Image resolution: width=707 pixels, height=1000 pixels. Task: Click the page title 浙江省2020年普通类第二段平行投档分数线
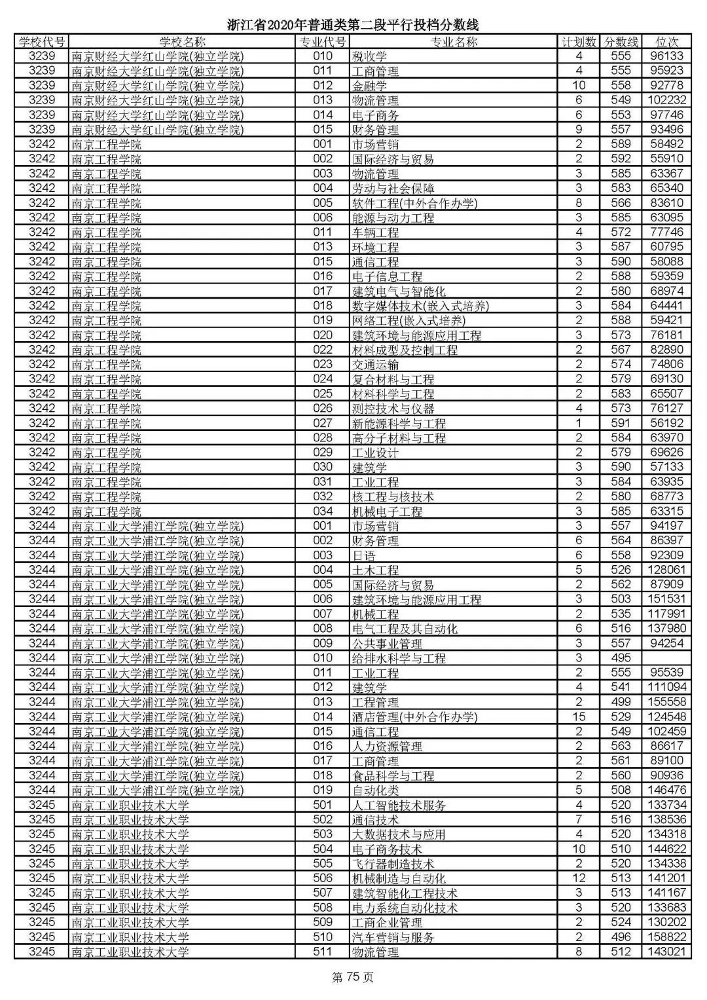(353, 25)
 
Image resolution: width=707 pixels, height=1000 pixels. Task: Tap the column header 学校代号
(42, 42)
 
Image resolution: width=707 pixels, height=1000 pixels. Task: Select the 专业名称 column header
(453, 42)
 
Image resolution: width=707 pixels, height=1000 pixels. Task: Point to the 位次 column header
(666, 42)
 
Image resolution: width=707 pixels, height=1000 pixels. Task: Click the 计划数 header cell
(579, 42)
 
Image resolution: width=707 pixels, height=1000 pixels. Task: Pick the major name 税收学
(370, 56)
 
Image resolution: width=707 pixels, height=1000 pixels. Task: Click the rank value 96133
(666, 56)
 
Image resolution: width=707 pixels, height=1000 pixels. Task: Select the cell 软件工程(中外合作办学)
(414, 203)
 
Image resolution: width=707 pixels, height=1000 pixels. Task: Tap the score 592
(621, 159)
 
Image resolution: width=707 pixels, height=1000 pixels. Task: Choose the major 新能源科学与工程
(399, 423)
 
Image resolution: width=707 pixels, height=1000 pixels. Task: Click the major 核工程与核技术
(393, 496)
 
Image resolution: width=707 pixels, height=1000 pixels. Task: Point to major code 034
(323, 511)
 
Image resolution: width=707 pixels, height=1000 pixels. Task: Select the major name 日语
(364, 555)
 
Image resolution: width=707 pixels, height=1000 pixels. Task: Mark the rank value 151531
(666, 599)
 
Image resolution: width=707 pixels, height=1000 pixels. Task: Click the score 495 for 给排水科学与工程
(621, 657)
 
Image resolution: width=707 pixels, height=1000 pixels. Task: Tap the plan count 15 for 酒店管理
(579, 716)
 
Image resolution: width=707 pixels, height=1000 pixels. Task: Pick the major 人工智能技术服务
(399, 805)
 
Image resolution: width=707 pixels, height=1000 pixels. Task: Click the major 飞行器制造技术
(393, 864)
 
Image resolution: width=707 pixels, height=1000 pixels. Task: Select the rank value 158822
(666, 937)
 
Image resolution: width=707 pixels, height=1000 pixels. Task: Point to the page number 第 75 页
(353, 978)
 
